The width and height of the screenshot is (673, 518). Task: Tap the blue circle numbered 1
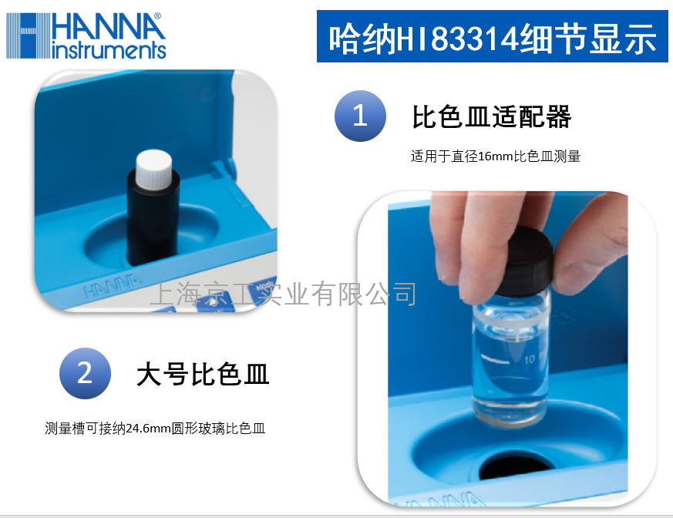coord(360,116)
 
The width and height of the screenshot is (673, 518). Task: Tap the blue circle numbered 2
coord(85,374)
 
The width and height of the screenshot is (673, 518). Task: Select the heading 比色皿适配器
coord(492,117)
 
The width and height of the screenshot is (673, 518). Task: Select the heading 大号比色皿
coord(202,375)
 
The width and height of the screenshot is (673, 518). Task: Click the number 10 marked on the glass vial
coord(530,359)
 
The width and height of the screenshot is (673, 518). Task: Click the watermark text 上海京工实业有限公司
coord(285,294)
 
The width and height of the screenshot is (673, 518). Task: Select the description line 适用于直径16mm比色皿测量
coord(495,156)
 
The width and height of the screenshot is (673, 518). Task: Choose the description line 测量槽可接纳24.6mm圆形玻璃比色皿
coord(155,429)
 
